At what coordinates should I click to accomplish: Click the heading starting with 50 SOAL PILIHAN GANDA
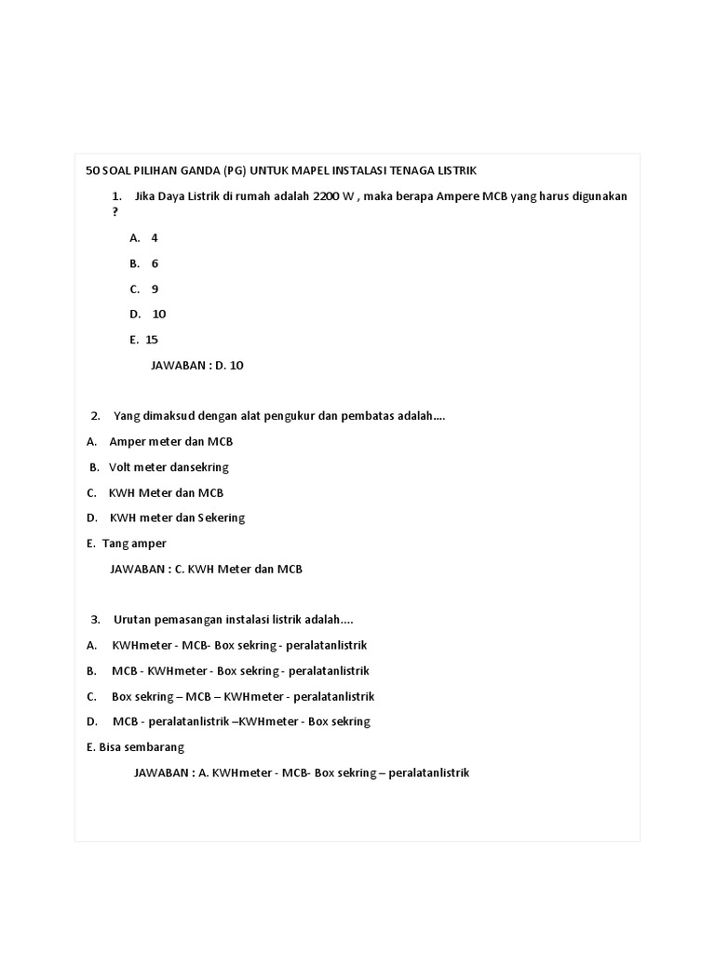pos(280,170)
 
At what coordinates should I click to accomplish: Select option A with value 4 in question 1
pos(144,238)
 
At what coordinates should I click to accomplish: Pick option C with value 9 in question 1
pos(144,289)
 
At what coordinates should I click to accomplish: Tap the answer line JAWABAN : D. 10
pos(196,366)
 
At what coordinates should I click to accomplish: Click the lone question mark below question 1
pos(115,212)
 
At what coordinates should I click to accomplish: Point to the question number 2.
pos(95,416)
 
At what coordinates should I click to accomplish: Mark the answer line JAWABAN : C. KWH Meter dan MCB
pos(206,569)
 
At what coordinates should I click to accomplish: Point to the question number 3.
pos(95,620)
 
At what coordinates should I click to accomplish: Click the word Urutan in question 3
pos(132,620)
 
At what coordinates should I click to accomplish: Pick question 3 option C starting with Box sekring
pos(242,696)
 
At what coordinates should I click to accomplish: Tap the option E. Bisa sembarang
pos(135,746)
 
